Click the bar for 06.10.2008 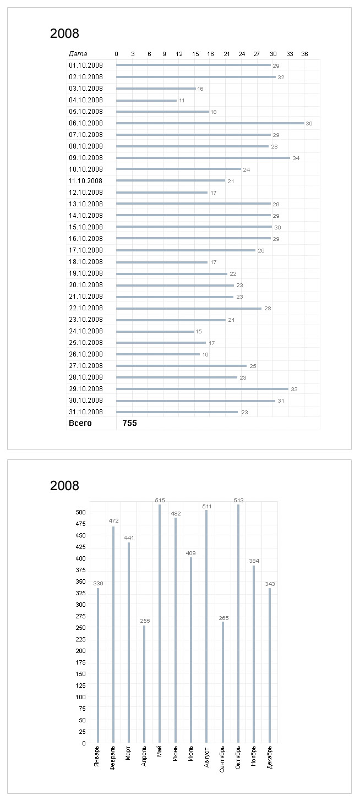[x=210, y=123]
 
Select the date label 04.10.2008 [x=86, y=100]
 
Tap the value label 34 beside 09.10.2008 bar [x=296, y=158]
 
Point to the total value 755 [x=130, y=423]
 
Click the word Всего [x=80, y=423]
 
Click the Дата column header [x=78, y=54]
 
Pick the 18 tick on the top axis [x=210, y=54]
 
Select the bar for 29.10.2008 [x=202, y=389]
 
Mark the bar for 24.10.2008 [x=155, y=331]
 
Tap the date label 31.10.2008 [x=86, y=412]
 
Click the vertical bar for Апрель [x=145, y=684]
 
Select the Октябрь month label [x=238, y=760]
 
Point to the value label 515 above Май [x=160, y=500]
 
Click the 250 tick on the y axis [x=81, y=628]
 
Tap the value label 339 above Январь [x=98, y=583]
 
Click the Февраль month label [x=113, y=759]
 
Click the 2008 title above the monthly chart [x=64, y=486]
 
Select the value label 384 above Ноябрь [x=254, y=561]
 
